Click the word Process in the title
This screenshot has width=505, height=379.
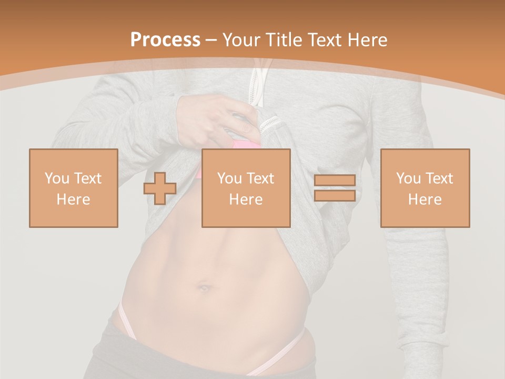tap(165, 40)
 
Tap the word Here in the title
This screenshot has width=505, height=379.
tap(367, 40)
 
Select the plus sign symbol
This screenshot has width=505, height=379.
tap(160, 188)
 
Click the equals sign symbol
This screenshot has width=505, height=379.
tap(335, 188)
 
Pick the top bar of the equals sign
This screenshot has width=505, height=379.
tap(335, 181)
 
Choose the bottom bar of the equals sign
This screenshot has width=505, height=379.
tap(335, 196)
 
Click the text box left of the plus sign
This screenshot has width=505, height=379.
tap(74, 188)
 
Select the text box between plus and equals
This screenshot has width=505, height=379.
tap(246, 188)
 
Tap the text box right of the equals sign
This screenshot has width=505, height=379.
tap(425, 188)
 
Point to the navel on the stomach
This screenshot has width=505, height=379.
tap(205, 288)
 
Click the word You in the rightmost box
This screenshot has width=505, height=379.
tap(408, 178)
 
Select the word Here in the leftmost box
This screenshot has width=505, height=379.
tap(74, 200)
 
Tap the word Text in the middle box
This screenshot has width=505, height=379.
tap(260, 178)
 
